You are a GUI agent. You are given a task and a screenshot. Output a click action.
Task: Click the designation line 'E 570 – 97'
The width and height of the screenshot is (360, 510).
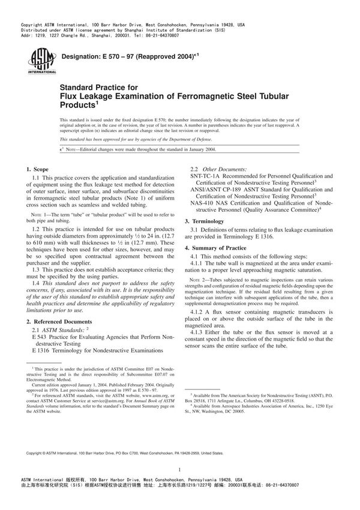120,56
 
